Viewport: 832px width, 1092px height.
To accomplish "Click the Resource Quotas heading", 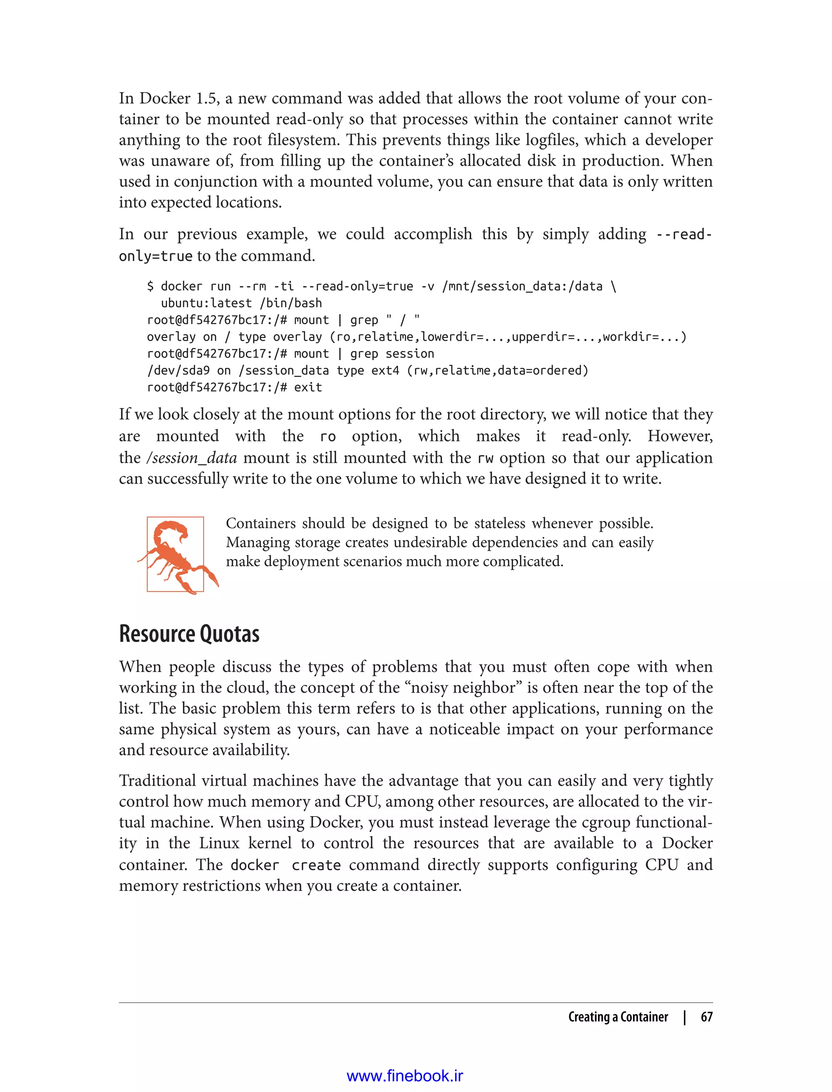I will [189, 634].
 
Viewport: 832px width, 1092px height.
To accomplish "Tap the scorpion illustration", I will [177, 555].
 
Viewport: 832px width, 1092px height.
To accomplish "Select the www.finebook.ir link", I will [405, 1076].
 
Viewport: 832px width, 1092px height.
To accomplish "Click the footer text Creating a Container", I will [617, 1017].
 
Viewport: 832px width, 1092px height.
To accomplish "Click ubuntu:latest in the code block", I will [206, 303].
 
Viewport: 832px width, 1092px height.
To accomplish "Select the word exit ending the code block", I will [308, 387].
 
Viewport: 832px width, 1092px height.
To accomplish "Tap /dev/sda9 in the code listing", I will [178, 370].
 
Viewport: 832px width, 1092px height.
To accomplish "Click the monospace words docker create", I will [285, 865].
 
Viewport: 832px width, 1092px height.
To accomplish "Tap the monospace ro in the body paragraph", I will [328, 437].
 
